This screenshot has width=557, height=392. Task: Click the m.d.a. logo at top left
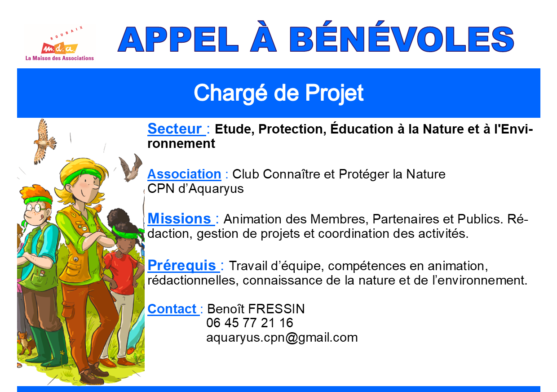(59, 43)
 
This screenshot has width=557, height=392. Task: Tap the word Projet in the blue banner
(334, 93)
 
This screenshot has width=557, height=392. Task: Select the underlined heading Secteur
(175, 129)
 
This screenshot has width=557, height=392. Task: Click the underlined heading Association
(184, 174)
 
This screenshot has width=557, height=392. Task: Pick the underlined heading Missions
(179, 219)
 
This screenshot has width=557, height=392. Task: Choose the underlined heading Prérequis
(182, 265)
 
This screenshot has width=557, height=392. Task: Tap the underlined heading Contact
(172, 309)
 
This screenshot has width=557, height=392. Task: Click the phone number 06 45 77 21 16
(250, 323)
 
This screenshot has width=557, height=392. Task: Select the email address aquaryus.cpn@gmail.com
(282, 338)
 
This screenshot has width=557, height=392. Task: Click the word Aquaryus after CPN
(216, 189)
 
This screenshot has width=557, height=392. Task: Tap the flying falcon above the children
(44, 141)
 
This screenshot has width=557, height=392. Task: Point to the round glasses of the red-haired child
(36, 207)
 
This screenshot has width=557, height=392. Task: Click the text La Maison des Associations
(60, 58)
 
